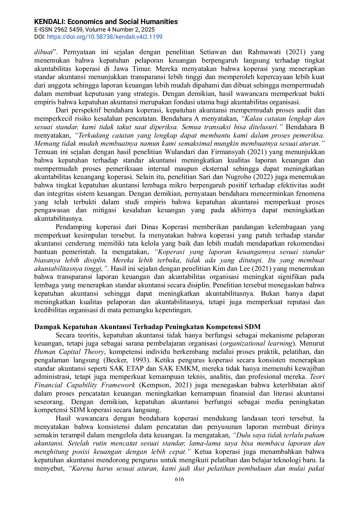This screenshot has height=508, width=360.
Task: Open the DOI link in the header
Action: tap(104, 37)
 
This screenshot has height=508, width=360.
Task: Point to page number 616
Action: tap(180, 479)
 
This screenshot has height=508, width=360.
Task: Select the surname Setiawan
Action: tap(213, 52)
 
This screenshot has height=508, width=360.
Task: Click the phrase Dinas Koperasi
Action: tap(165, 227)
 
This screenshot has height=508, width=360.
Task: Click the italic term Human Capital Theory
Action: tap(69, 352)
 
